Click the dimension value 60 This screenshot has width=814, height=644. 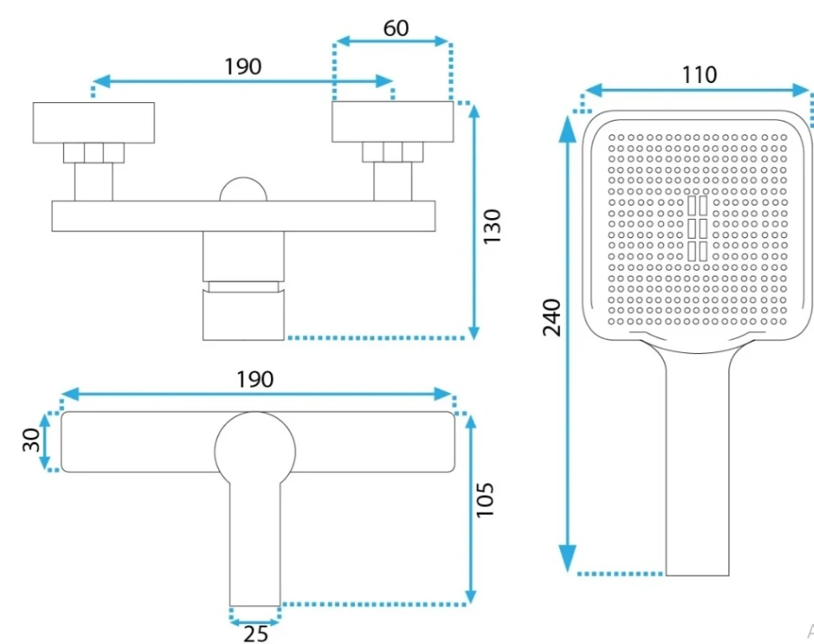pyautogui.click(x=395, y=28)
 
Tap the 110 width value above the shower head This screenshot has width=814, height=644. pyautogui.click(x=699, y=75)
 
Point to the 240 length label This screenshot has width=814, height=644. pyautogui.click(x=551, y=317)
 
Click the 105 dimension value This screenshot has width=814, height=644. pyautogui.click(x=486, y=501)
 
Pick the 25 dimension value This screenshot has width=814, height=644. pyautogui.click(x=255, y=633)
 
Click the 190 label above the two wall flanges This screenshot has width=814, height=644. pyautogui.click(x=243, y=66)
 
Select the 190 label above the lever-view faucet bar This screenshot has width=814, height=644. pyautogui.click(x=255, y=379)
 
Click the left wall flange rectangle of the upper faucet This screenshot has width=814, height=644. pyautogui.click(x=94, y=122)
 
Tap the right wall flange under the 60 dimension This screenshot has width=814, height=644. pyautogui.click(x=393, y=122)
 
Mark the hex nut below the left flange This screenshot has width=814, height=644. pyautogui.click(x=93, y=153)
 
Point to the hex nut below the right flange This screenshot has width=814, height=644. pyautogui.click(x=392, y=153)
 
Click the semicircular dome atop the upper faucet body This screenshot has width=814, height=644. pyautogui.click(x=243, y=190)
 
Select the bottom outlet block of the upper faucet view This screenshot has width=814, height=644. pyautogui.click(x=243, y=315)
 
